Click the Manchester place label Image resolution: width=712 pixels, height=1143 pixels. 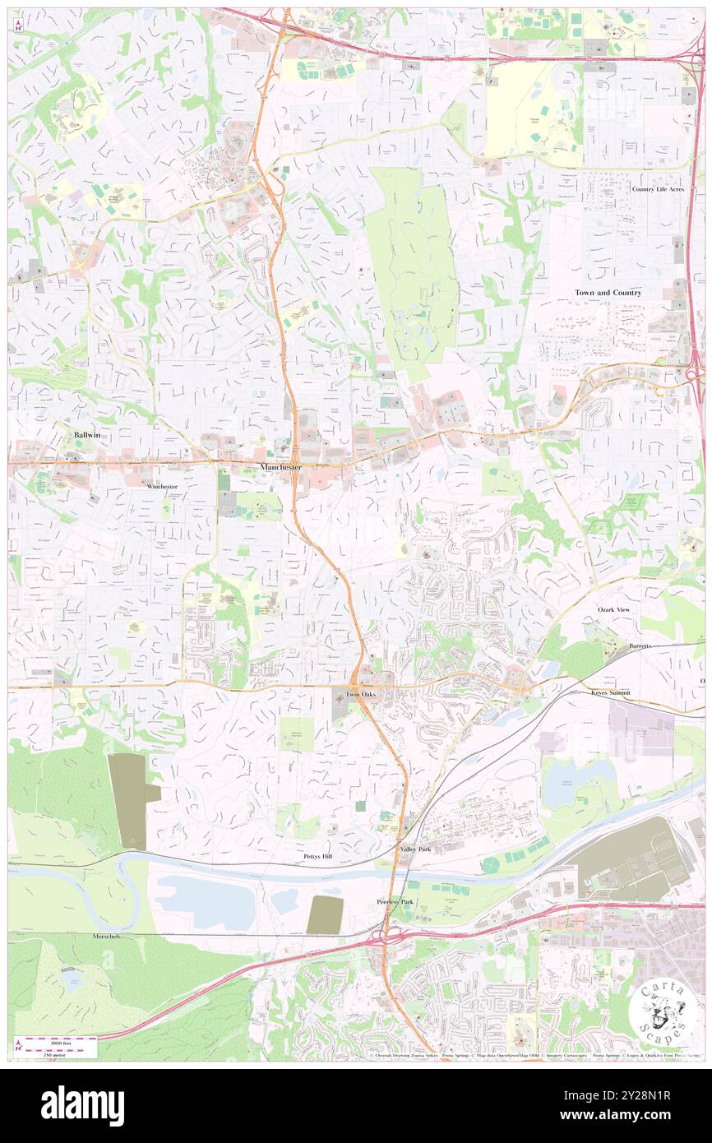280,467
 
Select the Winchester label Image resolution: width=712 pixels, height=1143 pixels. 162,487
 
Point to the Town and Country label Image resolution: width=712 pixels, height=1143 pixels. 608,293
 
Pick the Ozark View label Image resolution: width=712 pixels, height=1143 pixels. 613,609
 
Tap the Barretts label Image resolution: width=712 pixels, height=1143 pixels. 640,646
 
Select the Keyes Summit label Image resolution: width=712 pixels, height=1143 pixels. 611,693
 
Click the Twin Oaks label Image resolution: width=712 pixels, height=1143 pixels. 360,695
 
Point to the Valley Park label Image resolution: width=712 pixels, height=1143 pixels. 414,849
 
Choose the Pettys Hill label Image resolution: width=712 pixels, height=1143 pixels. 317,857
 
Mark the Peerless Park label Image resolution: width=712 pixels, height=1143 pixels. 395,902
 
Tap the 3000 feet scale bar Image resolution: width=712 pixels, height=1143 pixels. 56,1041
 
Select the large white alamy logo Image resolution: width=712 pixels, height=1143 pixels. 82,1105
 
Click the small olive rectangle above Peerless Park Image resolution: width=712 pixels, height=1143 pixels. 325,914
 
